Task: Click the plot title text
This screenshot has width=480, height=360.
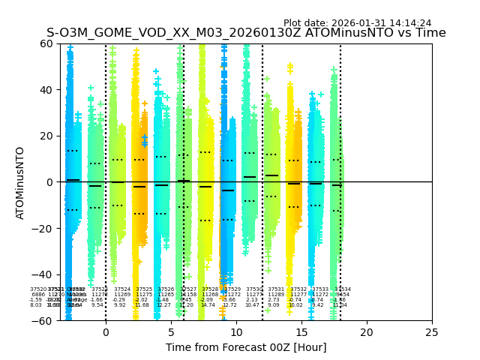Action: click(246, 33)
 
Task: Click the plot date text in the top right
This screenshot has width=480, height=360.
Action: click(357, 23)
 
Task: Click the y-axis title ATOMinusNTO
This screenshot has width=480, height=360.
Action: click(21, 182)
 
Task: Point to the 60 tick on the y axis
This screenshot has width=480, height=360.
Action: click(46, 43)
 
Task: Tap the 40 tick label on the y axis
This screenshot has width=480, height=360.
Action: click(46, 90)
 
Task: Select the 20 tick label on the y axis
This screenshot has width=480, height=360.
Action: click(46, 136)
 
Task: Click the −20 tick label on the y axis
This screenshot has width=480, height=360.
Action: click(43, 228)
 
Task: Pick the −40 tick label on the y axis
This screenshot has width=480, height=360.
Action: click(43, 274)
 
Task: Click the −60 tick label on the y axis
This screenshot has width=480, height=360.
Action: click(43, 320)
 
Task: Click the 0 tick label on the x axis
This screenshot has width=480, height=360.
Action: click(106, 331)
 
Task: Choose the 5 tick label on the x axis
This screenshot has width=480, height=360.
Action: click(171, 331)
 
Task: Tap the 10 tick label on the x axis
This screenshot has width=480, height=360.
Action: click(236, 331)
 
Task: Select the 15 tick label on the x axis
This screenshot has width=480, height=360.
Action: click(301, 331)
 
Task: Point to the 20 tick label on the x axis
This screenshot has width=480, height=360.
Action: click(367, 331)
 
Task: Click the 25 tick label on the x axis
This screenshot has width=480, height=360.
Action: click(432, 331)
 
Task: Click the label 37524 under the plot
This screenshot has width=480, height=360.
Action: click(122, 289)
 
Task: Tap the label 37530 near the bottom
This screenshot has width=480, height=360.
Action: click(254, 289)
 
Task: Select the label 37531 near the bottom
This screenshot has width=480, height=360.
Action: click(276, 289)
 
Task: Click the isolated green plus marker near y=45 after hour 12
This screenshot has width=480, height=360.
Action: click(266, 78)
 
